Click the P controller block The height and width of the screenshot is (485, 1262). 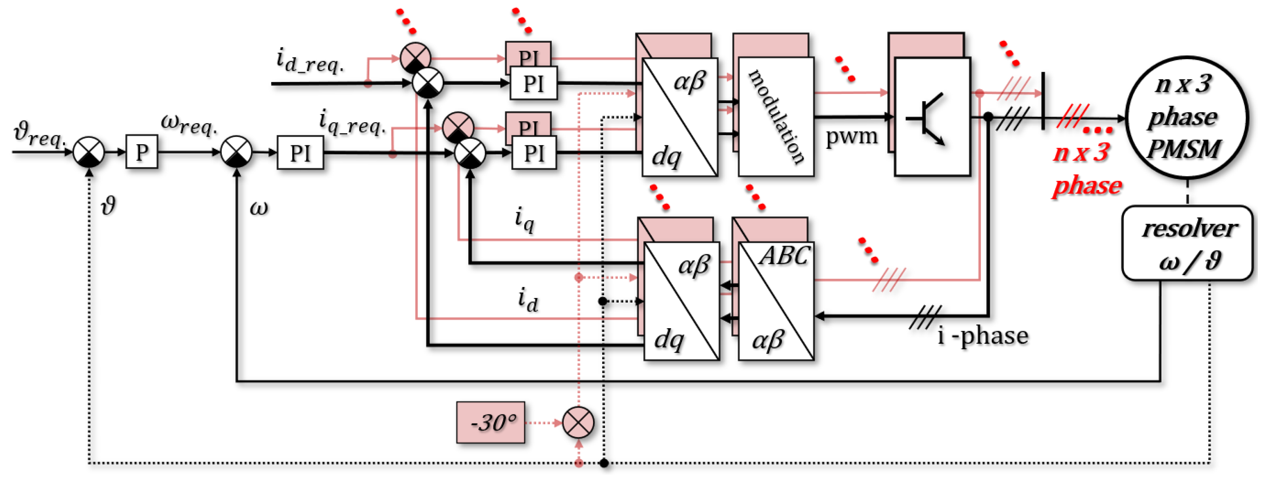142,152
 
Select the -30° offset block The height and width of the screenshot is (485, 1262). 491,422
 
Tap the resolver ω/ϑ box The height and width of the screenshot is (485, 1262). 1188,243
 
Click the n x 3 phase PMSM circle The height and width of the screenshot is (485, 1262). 1186,117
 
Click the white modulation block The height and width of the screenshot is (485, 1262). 776,117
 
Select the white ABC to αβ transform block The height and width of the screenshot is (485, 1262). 776,301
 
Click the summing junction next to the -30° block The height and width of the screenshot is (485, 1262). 578,422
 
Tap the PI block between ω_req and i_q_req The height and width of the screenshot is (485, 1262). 300,153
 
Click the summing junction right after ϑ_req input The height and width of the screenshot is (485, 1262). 89,152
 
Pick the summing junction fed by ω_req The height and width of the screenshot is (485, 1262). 237,152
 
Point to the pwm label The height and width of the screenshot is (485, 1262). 851,136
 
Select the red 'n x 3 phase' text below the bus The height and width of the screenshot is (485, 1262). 1086,169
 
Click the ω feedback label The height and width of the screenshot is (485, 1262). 259,208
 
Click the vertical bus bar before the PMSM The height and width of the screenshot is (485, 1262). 1043,101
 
